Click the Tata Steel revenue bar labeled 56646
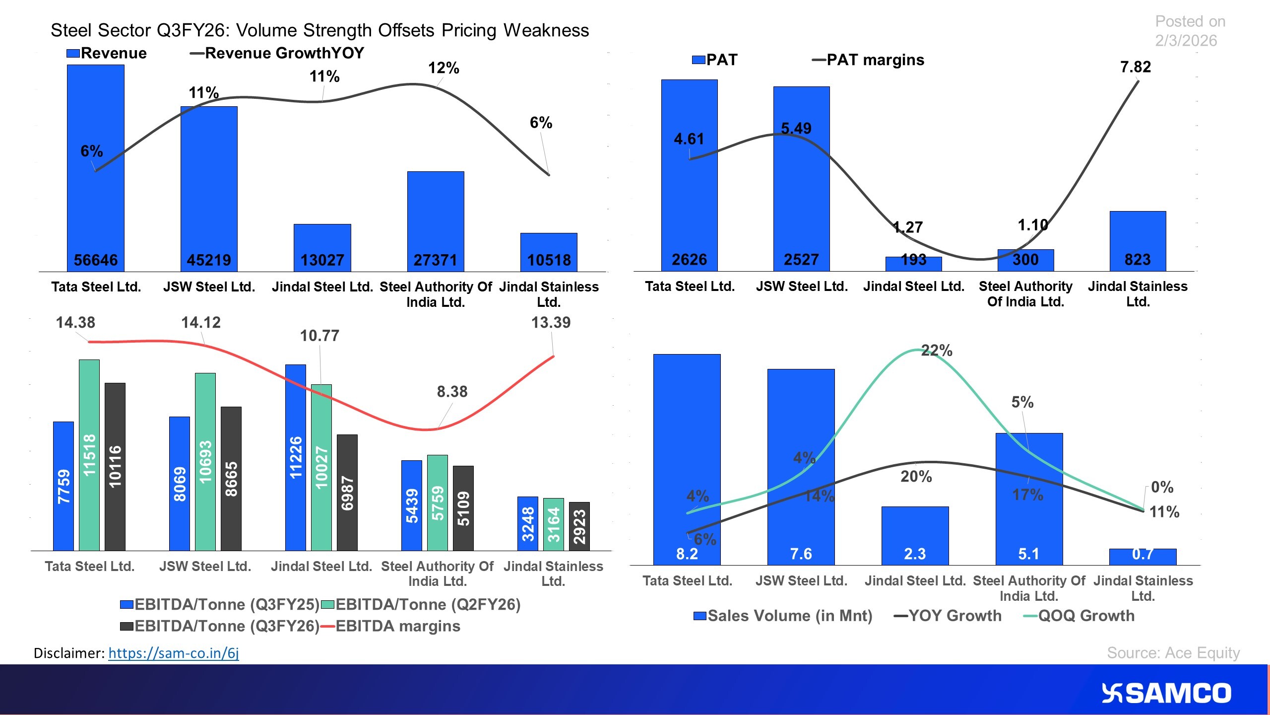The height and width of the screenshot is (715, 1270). (x=96, y=169)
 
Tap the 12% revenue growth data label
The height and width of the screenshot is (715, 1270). (x=444, y=68)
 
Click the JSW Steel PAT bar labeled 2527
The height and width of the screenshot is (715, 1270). (x=801, y=179)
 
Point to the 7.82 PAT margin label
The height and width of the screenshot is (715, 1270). (x=1135, y=67)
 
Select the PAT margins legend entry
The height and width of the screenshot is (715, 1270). (x=868, y=60)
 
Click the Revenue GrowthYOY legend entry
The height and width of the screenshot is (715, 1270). (x=278, y=53)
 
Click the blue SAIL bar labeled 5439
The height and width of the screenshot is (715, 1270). (x=412, y=505)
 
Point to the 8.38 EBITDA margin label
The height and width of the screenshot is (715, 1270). (x=452, y=392)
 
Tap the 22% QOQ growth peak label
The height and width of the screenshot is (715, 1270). (x=937, y=351)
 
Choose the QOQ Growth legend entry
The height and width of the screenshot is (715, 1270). (x=1079, y=616)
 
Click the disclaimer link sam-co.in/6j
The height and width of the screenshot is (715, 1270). (x=174, y=653)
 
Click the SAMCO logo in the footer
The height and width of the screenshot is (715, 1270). (x=1166, y=693)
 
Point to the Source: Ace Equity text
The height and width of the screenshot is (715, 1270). (x=1173, y=653)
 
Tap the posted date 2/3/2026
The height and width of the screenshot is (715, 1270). (x=1186, y=41)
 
